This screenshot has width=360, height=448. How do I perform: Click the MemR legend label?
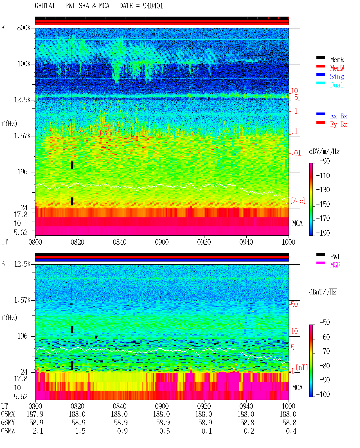pyautogui.click(x=337, y=60)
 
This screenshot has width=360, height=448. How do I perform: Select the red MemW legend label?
pyautogui.click(x=337, y=68)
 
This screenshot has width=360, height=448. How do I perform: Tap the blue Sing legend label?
pyautogui.click(x=337, y=76)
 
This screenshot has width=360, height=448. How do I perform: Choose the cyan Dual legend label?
pyautogui.click(x=336, y=85)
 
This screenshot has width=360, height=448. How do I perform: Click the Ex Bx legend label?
pyautogui.click(x=338, y=116)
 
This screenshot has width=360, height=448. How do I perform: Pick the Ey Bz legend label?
pyautogui.click(x=338, y=125)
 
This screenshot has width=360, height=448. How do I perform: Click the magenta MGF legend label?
pyautogui.click(x=335, y=265)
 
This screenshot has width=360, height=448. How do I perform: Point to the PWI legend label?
pyautogui.click(x=335, y=256)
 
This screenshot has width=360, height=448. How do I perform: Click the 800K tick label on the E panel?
pyautogui.click(x=24, y=28)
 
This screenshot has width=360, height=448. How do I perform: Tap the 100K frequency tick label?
pyautogui.click(x=24, y=64)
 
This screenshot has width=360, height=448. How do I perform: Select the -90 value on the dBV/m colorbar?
pyautogui.click(x=325, y=161)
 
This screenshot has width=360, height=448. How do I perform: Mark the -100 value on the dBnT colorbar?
pyautogui.click(x=323, y=394)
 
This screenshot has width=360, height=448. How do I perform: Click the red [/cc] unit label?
pyautogui.click(x=298, y=201)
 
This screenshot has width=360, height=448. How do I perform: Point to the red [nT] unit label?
pyautogui.click(x=302, y=367)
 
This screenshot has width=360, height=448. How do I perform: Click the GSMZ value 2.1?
pyautogui.click(x=38, y=431)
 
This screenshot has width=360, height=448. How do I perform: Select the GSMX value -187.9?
pyautogui.click(x=33, y=414)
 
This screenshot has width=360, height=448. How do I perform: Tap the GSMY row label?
pyautogui.click(x=8, y=422)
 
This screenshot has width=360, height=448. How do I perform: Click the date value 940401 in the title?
pyautogui.click(x=153, y=6)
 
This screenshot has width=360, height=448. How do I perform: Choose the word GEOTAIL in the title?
pyautogui.click(x=47, y=6)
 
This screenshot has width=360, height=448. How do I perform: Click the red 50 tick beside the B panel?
pyautogui.click(x=294, y=305)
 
